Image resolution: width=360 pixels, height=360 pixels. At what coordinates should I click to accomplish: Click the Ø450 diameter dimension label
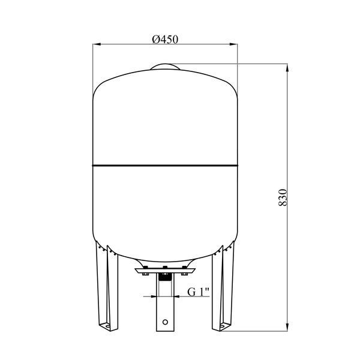tap(165, 39)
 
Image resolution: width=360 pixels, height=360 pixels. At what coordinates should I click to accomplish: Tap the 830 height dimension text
tap(283, 197)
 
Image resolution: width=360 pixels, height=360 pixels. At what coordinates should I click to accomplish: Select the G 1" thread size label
tap(199, 292)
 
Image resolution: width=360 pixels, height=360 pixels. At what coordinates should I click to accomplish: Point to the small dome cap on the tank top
tap(165, 67)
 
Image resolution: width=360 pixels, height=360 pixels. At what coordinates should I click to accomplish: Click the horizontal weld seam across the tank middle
tap(165, 166)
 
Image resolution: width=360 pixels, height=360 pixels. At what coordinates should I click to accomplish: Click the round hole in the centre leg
tap(165, 322)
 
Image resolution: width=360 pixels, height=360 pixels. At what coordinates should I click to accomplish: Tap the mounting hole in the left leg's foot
tap(107, 326)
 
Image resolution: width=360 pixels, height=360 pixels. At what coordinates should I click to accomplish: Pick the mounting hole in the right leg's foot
tap(222, 326)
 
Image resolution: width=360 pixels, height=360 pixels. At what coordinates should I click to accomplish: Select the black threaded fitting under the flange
tap(165, 277)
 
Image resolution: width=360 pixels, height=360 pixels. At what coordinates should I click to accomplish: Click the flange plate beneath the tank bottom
tap(165, 271)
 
